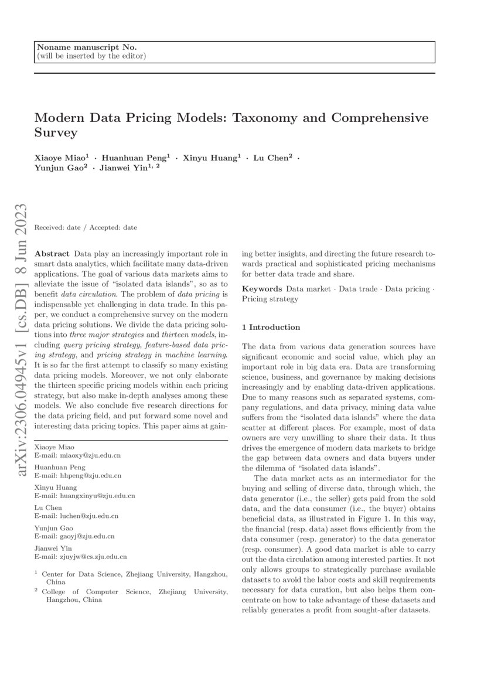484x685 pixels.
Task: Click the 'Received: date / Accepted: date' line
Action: pos(86,227)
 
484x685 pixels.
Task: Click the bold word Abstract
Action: pos(52,254)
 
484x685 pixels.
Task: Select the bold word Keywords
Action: pos(261,289)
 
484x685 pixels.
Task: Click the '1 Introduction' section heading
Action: pos(271,327)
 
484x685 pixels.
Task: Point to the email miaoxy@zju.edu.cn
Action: pos(89,455)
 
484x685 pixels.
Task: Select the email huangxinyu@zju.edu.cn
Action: pos(96,496)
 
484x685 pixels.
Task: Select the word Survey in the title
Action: pos(56,133)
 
